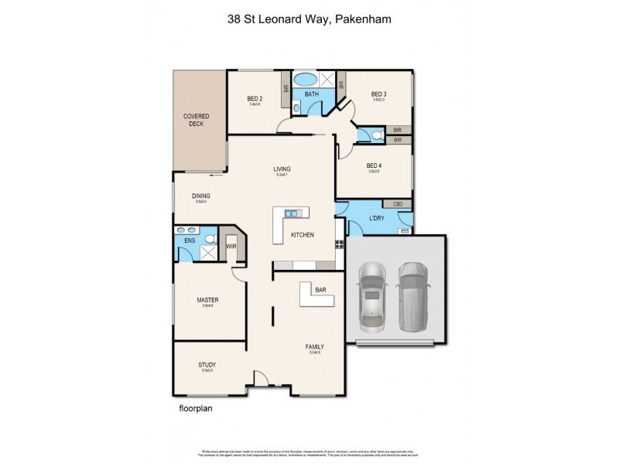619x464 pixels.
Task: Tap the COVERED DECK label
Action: tap(196, 120)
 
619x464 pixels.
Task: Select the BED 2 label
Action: tap(255, 98)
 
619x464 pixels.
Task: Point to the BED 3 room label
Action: tap(379, 95)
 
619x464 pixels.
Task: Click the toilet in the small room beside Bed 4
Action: tap(375, 135)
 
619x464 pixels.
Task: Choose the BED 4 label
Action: tap(374, 165)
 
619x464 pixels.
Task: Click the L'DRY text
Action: tap(377, 219)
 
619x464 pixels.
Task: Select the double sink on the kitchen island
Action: tap(292, 213)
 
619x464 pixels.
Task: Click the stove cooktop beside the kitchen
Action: tap(339, 245)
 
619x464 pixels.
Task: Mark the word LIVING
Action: tap(282, 169)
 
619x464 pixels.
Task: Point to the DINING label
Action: tap(201, 196)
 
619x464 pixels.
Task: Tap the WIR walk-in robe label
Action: tap(231, 247)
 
